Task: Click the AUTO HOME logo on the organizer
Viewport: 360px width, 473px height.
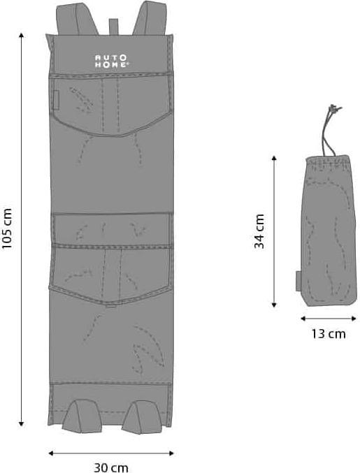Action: click(x=111, y=61)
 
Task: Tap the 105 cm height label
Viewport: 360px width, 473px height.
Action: click(x=8, y=228)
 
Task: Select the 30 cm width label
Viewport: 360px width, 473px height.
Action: click(x=111, y=467)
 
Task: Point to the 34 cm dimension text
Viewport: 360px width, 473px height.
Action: click(x=259, y=231)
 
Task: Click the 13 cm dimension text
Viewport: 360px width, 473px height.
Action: click(x=328, y=333)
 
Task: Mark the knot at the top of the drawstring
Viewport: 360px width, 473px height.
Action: click(x=333, y=110)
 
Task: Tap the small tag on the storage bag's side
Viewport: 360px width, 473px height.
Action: click(x=298, y=280)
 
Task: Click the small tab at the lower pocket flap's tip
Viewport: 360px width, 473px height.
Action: click(x=110, y=305)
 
